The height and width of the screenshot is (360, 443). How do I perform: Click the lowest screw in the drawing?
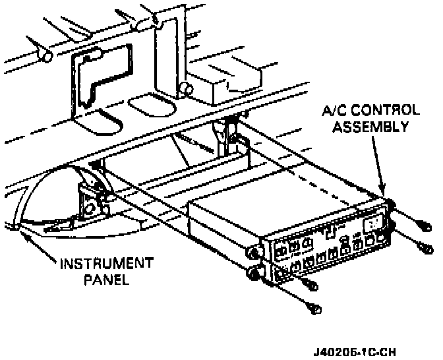316,307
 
